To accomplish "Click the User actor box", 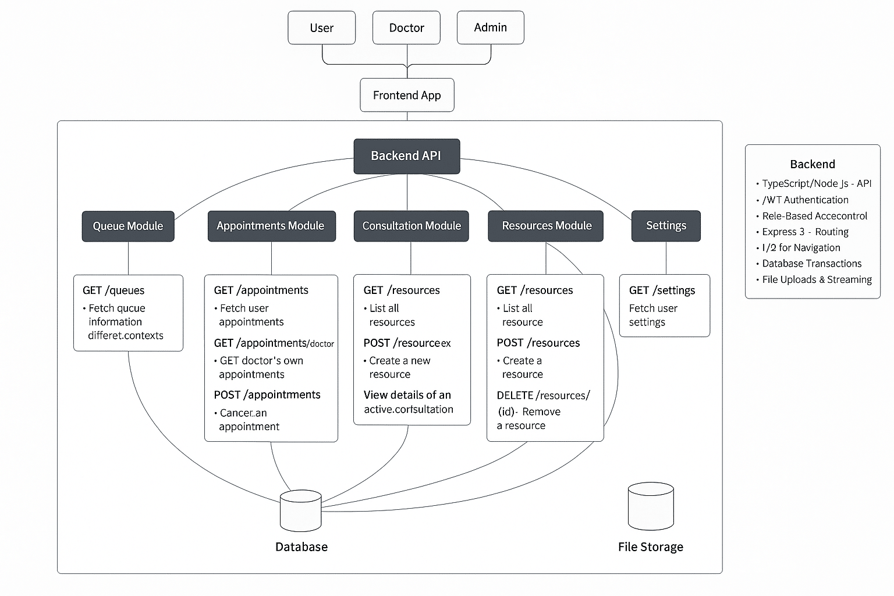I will click(321, 28).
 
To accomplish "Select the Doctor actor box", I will click(406, 28).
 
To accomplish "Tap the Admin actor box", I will click(490, 27).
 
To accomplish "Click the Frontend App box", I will click(407, 95).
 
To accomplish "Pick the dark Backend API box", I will click(406, 156).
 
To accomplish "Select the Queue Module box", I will click(128, 226).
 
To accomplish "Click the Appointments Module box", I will click(271, 226).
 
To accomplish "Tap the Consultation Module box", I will click(411, 226).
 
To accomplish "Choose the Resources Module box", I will click(546, 226).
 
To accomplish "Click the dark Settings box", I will click(666, 226).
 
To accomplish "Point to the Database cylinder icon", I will click(301, 510).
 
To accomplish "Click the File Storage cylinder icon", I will click(651, 506).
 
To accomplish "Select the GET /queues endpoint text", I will click(113, 290).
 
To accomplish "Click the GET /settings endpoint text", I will click(662, 290).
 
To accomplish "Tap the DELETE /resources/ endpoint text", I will click(543, 396).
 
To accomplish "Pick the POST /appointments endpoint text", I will click(267, 395).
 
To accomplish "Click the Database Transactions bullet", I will click(811, 264).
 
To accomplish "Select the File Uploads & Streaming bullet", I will click(817, 280).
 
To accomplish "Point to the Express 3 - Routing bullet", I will click(805, 232).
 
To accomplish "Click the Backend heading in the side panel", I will click(812, 164).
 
